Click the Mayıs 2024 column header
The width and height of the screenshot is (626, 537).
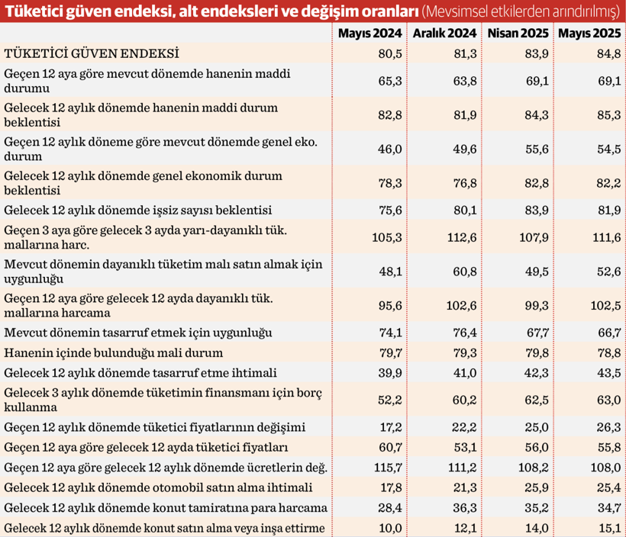[x=369, y=34]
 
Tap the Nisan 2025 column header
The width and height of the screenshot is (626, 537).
[x=517, y=34]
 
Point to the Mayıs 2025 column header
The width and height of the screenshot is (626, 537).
[x=588, y=34]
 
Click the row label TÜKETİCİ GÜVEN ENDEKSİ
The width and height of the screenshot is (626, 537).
[x=92, y=54]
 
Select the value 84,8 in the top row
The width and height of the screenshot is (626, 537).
[x=605, y=54]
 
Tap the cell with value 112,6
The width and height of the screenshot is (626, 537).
[x=461, y=237]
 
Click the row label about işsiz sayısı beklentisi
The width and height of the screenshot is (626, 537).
[x=138, y=210]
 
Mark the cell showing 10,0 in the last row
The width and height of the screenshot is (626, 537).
[x=389, y=528]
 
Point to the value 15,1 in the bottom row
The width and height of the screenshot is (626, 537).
[x=605, y=528]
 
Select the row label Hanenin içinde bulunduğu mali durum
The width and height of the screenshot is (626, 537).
[x=114, y=352]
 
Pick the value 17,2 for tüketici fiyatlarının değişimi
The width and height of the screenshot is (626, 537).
[x=389, y=426]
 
